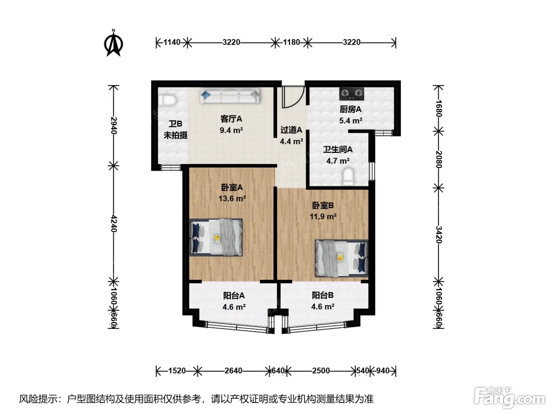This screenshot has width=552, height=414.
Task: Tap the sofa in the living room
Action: tap(229, 96)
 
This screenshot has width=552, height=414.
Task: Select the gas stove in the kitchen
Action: tap(352, 94)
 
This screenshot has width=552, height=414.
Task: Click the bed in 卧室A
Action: tap(216, 237)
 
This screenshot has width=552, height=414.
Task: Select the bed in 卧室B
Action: tap(341, 258)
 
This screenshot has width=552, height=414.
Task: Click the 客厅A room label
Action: tap(231, 119)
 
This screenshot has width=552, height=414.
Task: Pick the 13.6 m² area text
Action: tap(232, 199)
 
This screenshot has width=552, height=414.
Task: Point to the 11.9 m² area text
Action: tap(323, 216)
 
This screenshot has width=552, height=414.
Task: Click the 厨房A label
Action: tap(351, 109)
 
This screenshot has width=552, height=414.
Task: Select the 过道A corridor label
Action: tap(291, 130)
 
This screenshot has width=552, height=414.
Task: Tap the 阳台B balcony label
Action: tap(323, 295)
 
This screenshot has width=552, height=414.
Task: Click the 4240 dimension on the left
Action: tap(114, 224)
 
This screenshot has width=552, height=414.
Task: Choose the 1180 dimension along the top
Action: tap(291, 42)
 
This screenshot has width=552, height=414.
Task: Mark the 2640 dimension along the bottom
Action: tap(233, 371)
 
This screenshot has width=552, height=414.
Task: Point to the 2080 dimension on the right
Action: tap(439, 159)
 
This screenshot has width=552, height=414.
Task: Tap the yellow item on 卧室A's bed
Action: tap(217, 238)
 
